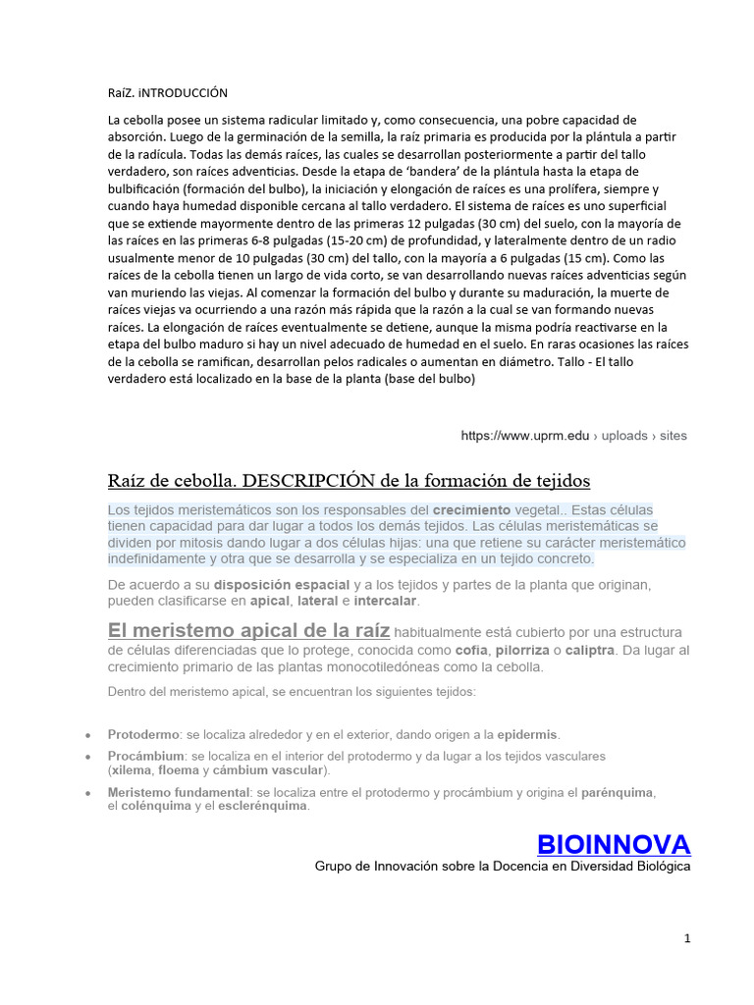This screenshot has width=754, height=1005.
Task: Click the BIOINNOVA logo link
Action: (614, 843)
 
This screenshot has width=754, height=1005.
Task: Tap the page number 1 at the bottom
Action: (688, 938)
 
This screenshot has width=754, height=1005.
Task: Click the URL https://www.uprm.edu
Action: (525, 436)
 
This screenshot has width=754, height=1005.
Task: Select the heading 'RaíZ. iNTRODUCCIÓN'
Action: (167, 93)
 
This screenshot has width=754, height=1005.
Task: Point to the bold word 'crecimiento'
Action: (471, 510)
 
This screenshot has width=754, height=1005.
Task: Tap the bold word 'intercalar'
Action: (386, 601)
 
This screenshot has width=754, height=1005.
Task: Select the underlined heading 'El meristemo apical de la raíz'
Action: (249, 631)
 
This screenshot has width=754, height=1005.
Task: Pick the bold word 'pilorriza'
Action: (521, 651)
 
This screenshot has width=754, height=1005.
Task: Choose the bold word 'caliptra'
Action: (590, 651)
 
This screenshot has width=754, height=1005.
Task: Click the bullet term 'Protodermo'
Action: (143, 734)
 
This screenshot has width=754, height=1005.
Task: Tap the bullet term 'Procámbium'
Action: (145, 757)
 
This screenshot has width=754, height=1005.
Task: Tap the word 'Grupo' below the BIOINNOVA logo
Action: (334, 867)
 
